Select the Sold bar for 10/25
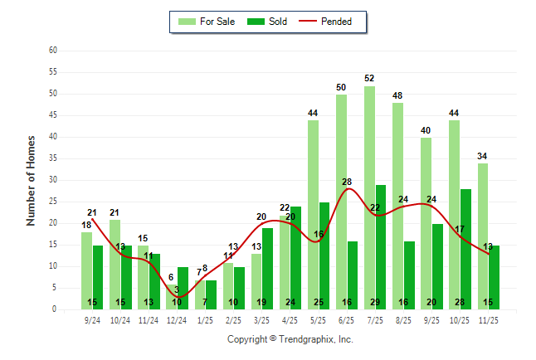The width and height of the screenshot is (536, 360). click(x=465, y=249)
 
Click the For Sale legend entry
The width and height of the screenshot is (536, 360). click(x=207, y=22)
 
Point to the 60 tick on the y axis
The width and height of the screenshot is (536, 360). click(x=53, y=51)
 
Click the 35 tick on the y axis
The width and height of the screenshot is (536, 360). click(x=53, y=158)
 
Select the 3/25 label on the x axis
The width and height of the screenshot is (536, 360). click(x=261, y=321)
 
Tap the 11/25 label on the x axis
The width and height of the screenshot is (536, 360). click(x=488, y=321)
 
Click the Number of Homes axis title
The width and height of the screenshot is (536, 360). click(x=32, y=180)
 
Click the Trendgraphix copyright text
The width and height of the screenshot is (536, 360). click(x=290, y=339)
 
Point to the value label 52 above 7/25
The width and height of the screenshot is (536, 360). click(x=369, y=79)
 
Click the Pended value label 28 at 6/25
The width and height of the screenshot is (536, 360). click(x=347, y=182)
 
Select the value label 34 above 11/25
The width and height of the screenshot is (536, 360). click(x=482, y=156)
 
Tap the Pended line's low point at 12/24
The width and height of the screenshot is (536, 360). click(x=177, y=297)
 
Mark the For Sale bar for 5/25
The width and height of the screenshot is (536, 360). click(x=313, y=215)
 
